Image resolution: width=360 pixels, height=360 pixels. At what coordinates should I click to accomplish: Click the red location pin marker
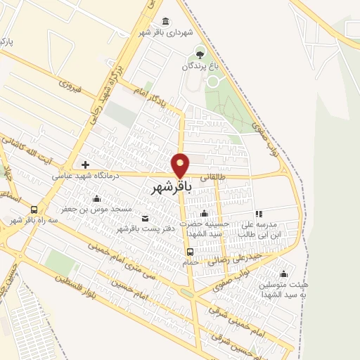(181, 165)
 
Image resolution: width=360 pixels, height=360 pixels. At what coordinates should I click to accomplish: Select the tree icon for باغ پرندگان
(200, 53)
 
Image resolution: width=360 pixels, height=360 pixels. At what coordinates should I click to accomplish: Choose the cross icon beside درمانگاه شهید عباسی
(85, 165)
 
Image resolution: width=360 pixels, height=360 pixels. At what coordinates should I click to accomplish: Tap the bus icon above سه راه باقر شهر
(34, 210)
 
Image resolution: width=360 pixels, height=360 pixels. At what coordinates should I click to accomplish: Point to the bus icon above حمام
(190, 252)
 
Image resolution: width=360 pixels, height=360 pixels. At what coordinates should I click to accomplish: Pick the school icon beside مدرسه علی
(258, 214)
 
